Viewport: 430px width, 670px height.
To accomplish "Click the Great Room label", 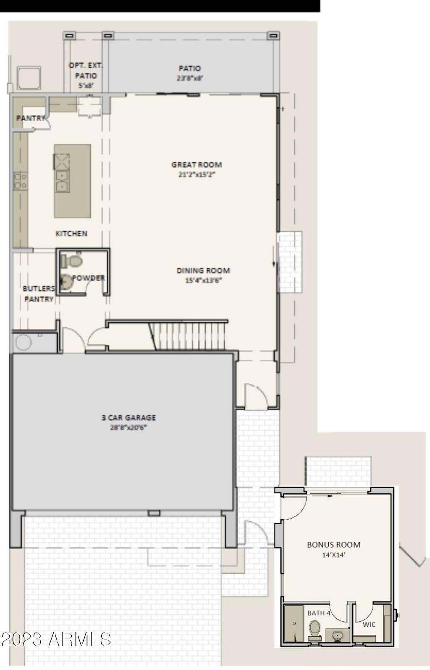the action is click(x=197, y=165).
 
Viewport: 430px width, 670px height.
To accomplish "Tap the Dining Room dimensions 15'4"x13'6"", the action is click(x=203, y=280).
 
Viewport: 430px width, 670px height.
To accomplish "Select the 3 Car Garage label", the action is click(x=128, y=418).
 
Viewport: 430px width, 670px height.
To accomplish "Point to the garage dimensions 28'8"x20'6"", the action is click(x=128, y=427).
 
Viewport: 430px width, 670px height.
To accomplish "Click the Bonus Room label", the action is click(x=334, y=544).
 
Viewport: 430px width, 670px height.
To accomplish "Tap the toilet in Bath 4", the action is click(x=314, y=630).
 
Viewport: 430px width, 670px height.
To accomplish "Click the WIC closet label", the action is click(x=369, y=625).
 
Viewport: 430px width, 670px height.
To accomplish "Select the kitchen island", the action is click(x=72, y=181).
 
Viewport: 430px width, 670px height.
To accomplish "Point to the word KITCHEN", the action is click(x=71, y=233).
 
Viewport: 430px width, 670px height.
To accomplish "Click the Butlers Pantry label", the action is click(x=39, y=294).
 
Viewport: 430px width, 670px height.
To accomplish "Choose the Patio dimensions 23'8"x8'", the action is click(x=190, y=78).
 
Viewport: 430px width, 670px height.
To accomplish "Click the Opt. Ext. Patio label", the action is click(x=86, y=75).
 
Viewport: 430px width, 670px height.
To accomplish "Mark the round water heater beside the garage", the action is click(x=24, y=342).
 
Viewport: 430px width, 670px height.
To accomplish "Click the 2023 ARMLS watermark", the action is click(x=56, y=639).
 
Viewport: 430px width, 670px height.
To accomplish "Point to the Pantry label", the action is click(x=31, y=118).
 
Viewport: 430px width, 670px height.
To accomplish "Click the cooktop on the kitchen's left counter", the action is click(x=21, y=181).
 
